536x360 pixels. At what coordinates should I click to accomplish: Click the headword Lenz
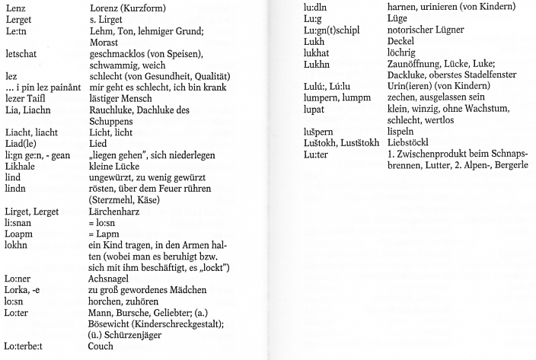pyautogui.click(x=14, y=7)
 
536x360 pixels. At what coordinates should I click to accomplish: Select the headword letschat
pyautogui.click(x=21, y=55)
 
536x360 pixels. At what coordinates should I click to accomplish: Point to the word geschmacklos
pyautogui.click(x=123, y=55)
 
